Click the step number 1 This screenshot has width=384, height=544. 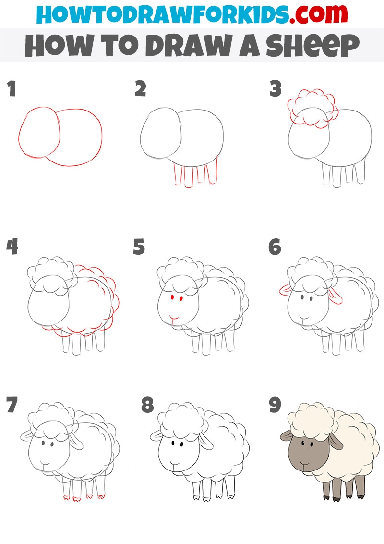pos(12,88)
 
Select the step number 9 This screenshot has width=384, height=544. pos(275,405)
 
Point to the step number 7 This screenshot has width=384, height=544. pos(12,405)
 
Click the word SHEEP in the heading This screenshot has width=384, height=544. pos(312,46)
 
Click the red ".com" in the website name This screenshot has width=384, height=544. pos(318,14)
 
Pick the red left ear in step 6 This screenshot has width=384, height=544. pos(285,290)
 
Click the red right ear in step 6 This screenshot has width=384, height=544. pos(335,296)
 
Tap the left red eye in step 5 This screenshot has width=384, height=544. pos(172,297)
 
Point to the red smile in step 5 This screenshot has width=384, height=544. pos(174,317)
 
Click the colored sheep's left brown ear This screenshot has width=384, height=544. pos(286,435)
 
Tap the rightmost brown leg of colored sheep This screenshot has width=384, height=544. pos(360,487)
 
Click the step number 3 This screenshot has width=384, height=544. pos(276,88)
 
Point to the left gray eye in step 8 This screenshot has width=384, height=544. pos(173,443)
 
